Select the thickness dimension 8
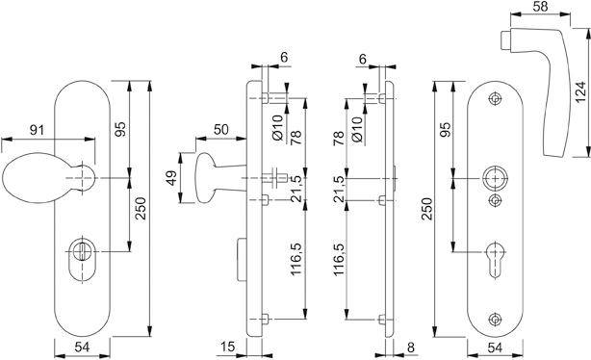pyautogui.click(x=411, y=346)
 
